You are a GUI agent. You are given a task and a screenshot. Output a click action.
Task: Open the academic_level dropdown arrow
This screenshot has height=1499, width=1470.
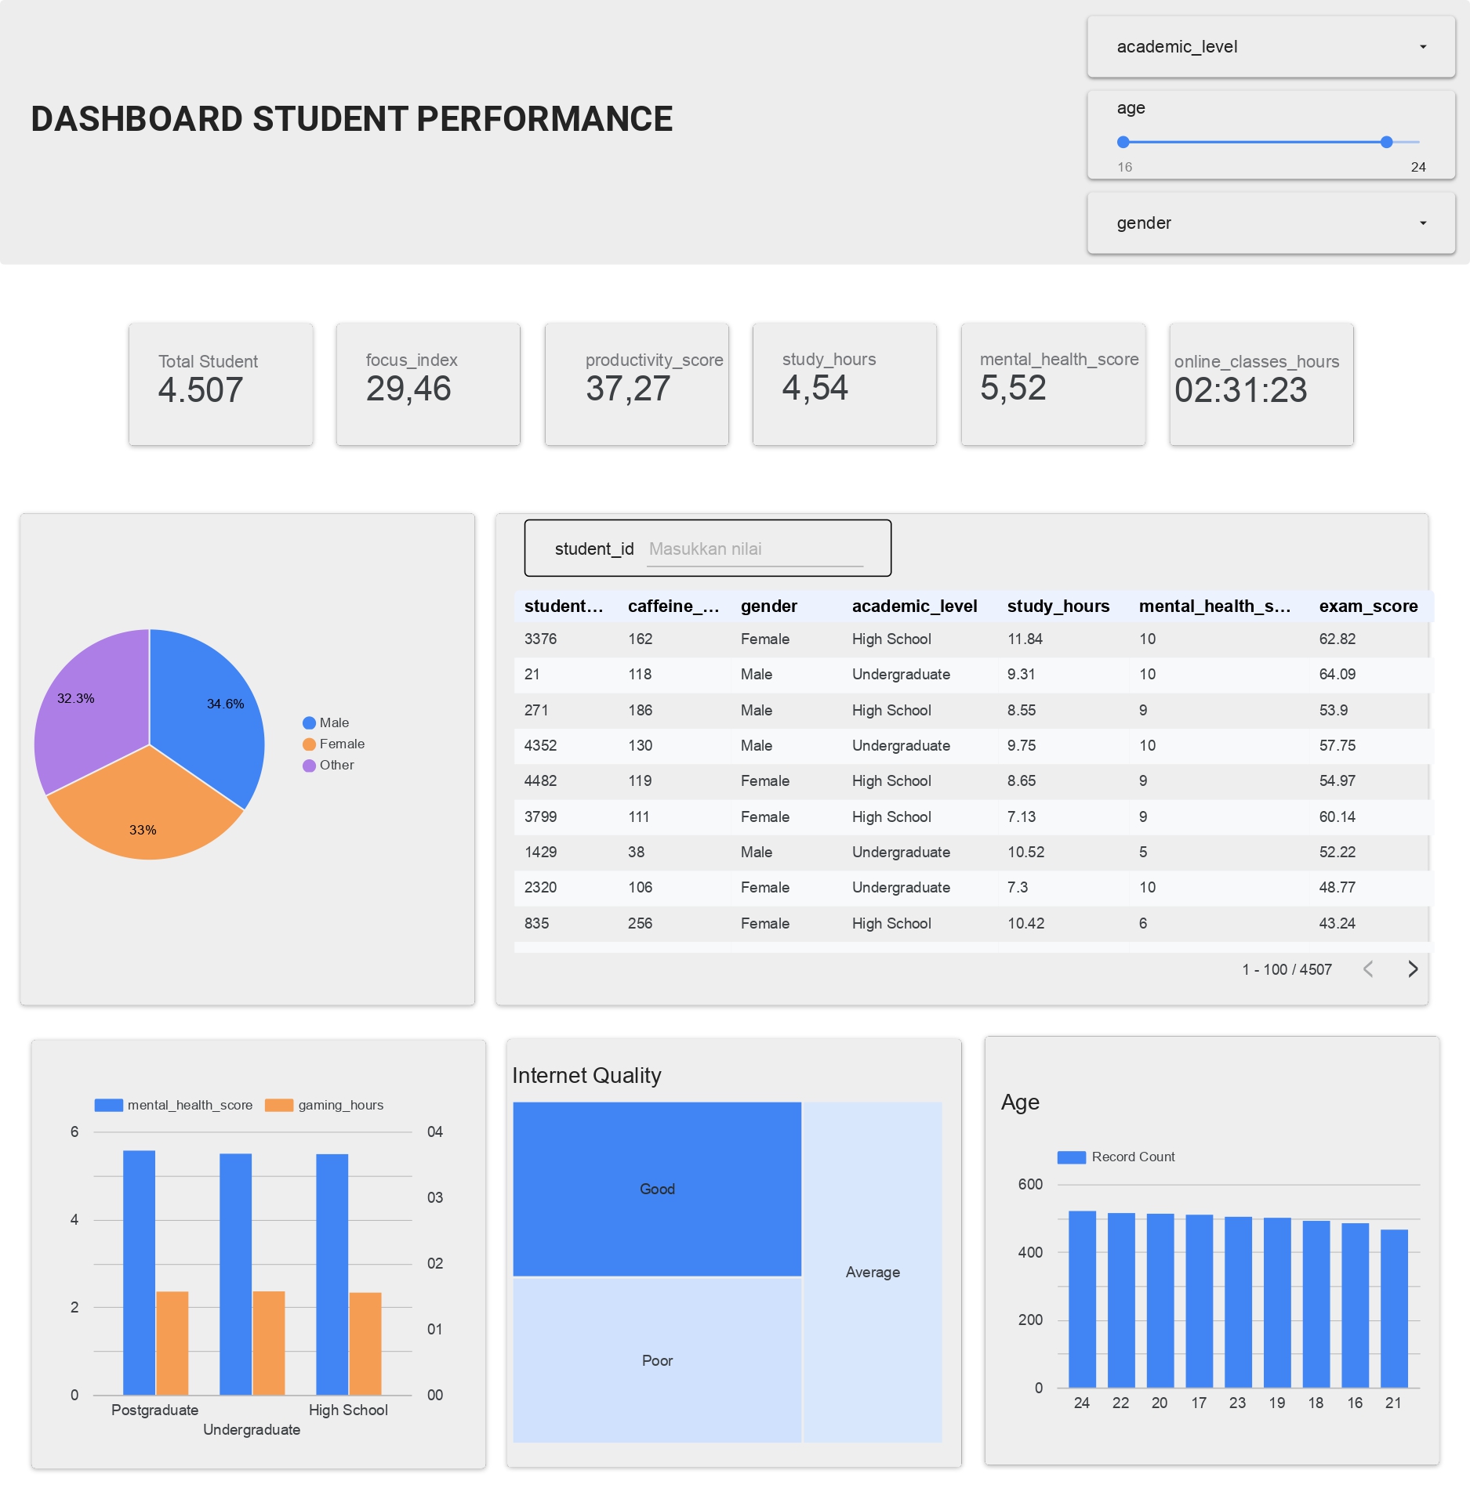point(1423,47)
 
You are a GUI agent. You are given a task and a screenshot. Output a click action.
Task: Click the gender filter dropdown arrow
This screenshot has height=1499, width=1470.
point(1423,223)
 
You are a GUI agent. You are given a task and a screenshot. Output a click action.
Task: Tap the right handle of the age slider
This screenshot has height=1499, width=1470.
point(1386,142)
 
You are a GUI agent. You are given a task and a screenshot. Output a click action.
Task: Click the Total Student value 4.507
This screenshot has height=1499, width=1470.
point(201,390)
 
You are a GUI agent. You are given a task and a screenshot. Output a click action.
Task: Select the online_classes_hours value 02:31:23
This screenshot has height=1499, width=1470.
point(1240,390)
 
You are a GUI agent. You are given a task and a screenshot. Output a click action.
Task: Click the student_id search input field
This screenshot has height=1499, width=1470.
point(755,549)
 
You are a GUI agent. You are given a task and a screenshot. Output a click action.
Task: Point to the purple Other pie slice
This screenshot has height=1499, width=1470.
point(86,713)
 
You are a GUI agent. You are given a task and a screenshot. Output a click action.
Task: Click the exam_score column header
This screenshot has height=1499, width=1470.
point(1368,606)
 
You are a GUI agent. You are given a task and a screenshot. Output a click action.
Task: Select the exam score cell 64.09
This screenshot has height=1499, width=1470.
point(1337,674)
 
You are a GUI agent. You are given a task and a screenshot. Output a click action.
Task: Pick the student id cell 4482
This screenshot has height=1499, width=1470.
point(540,780)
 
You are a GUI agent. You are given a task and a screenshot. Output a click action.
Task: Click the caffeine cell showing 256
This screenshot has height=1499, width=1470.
point(640,923)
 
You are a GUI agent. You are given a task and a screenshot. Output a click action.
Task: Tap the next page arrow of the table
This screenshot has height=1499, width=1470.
point(1413,969)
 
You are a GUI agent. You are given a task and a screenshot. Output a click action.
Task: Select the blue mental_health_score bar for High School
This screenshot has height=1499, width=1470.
point(332,1273)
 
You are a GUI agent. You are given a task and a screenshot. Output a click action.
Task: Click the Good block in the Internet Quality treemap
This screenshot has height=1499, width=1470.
point(657,1189)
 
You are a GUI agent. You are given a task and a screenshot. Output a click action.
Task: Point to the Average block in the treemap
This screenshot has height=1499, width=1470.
point(873,1272)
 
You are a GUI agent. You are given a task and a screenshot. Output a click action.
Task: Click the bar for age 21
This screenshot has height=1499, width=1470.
point(1394,1309)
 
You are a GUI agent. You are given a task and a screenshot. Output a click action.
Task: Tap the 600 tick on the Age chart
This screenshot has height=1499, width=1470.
point(1030,1184)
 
